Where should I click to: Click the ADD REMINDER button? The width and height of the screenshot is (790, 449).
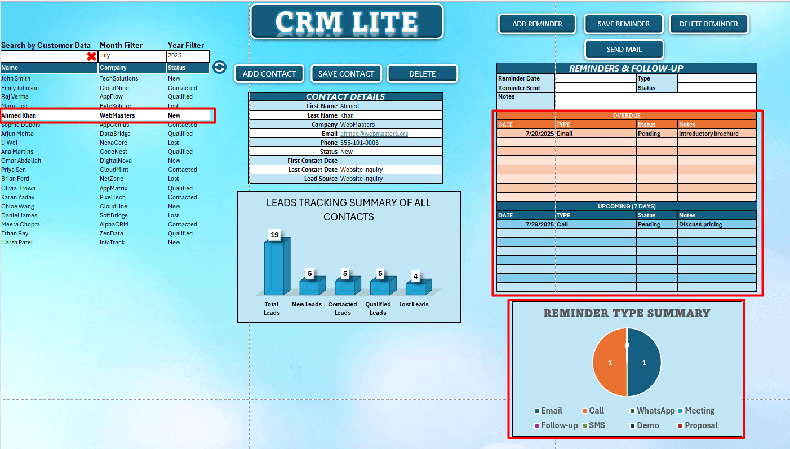537,24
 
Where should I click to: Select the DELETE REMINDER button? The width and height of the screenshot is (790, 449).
708,24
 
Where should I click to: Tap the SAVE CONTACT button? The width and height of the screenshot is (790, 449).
346,74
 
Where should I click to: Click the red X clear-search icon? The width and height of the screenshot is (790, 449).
91,56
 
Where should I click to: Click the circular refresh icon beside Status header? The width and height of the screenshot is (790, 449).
219,68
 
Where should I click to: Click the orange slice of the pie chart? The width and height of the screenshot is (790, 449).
610,363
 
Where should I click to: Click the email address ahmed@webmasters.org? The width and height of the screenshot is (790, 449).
374,134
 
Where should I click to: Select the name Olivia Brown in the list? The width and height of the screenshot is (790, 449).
19,188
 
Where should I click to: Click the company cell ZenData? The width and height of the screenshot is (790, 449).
111,233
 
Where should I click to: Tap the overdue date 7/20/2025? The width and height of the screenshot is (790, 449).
539,134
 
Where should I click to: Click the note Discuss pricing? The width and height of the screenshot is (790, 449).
700,224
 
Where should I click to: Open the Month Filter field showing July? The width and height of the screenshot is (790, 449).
131,56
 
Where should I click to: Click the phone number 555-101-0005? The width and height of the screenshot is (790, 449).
360,143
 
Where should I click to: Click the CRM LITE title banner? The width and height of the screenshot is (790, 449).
347,22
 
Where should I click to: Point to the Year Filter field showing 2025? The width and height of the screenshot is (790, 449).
188,56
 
